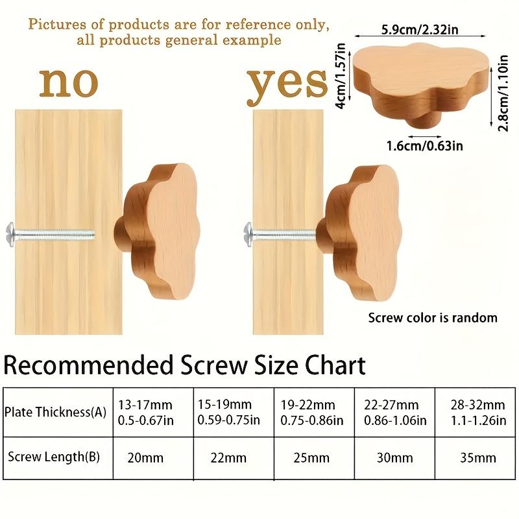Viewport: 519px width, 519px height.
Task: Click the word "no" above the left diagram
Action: coord(69,83)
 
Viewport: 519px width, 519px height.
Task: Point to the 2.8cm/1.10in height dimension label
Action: coord(503,91)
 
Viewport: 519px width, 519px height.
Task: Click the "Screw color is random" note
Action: coord(433,318)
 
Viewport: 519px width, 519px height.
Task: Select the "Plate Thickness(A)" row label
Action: coord(54,411)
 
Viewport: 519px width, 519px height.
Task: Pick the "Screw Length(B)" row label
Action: coord(54,456)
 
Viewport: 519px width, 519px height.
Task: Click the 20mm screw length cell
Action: coord(146,457)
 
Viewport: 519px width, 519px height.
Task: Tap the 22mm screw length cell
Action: coord(228,457)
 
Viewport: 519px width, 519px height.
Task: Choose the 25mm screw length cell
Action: coord(311,457)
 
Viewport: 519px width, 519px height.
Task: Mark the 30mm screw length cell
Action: coord(394,457)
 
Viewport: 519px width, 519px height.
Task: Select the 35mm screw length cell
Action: coord(477,457)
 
